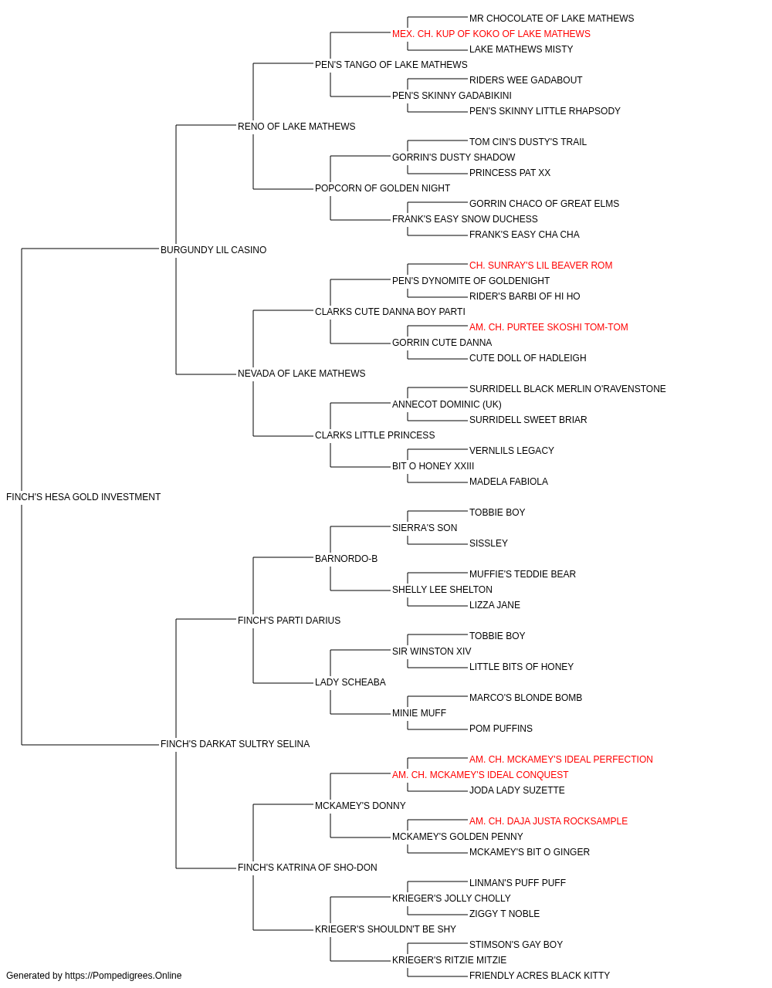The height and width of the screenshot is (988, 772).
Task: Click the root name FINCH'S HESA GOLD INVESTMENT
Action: pos(83,497)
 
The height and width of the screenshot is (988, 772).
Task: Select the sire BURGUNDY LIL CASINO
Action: pos(213,250)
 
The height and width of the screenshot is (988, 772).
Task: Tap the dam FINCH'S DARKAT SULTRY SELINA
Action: pos(235,744)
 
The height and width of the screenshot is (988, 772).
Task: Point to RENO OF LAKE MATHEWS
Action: pos(296,127)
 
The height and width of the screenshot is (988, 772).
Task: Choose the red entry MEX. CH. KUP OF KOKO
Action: pos(491,34)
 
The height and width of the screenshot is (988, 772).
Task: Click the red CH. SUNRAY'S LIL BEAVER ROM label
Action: pos(540,266)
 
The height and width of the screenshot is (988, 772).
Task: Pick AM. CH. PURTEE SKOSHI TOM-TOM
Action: pos(548,327)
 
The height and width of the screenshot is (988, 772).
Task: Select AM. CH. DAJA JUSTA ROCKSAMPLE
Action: pos(548,821)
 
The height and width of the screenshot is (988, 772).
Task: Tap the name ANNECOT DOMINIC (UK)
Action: pos(446,404)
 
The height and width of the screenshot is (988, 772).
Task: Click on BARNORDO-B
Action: pos(346,559)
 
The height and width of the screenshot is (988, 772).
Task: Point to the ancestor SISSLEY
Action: pos(489,543)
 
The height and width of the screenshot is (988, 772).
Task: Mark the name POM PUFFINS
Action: pos(500,729)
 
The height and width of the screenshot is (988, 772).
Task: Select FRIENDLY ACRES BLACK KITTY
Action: pos(539,976)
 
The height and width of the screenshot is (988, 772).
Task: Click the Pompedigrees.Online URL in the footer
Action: pos(124,976)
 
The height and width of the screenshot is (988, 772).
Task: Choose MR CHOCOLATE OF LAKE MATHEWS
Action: pos(551,19)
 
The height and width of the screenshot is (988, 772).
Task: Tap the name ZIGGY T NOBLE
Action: pos(504,914)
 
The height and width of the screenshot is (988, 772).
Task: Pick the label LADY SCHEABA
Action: pos(350,682)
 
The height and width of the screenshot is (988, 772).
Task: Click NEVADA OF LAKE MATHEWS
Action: pos(301,374)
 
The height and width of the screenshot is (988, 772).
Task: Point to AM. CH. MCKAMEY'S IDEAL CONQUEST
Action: pos(480,775)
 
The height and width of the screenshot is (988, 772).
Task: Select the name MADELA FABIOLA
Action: pos(508,482)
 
